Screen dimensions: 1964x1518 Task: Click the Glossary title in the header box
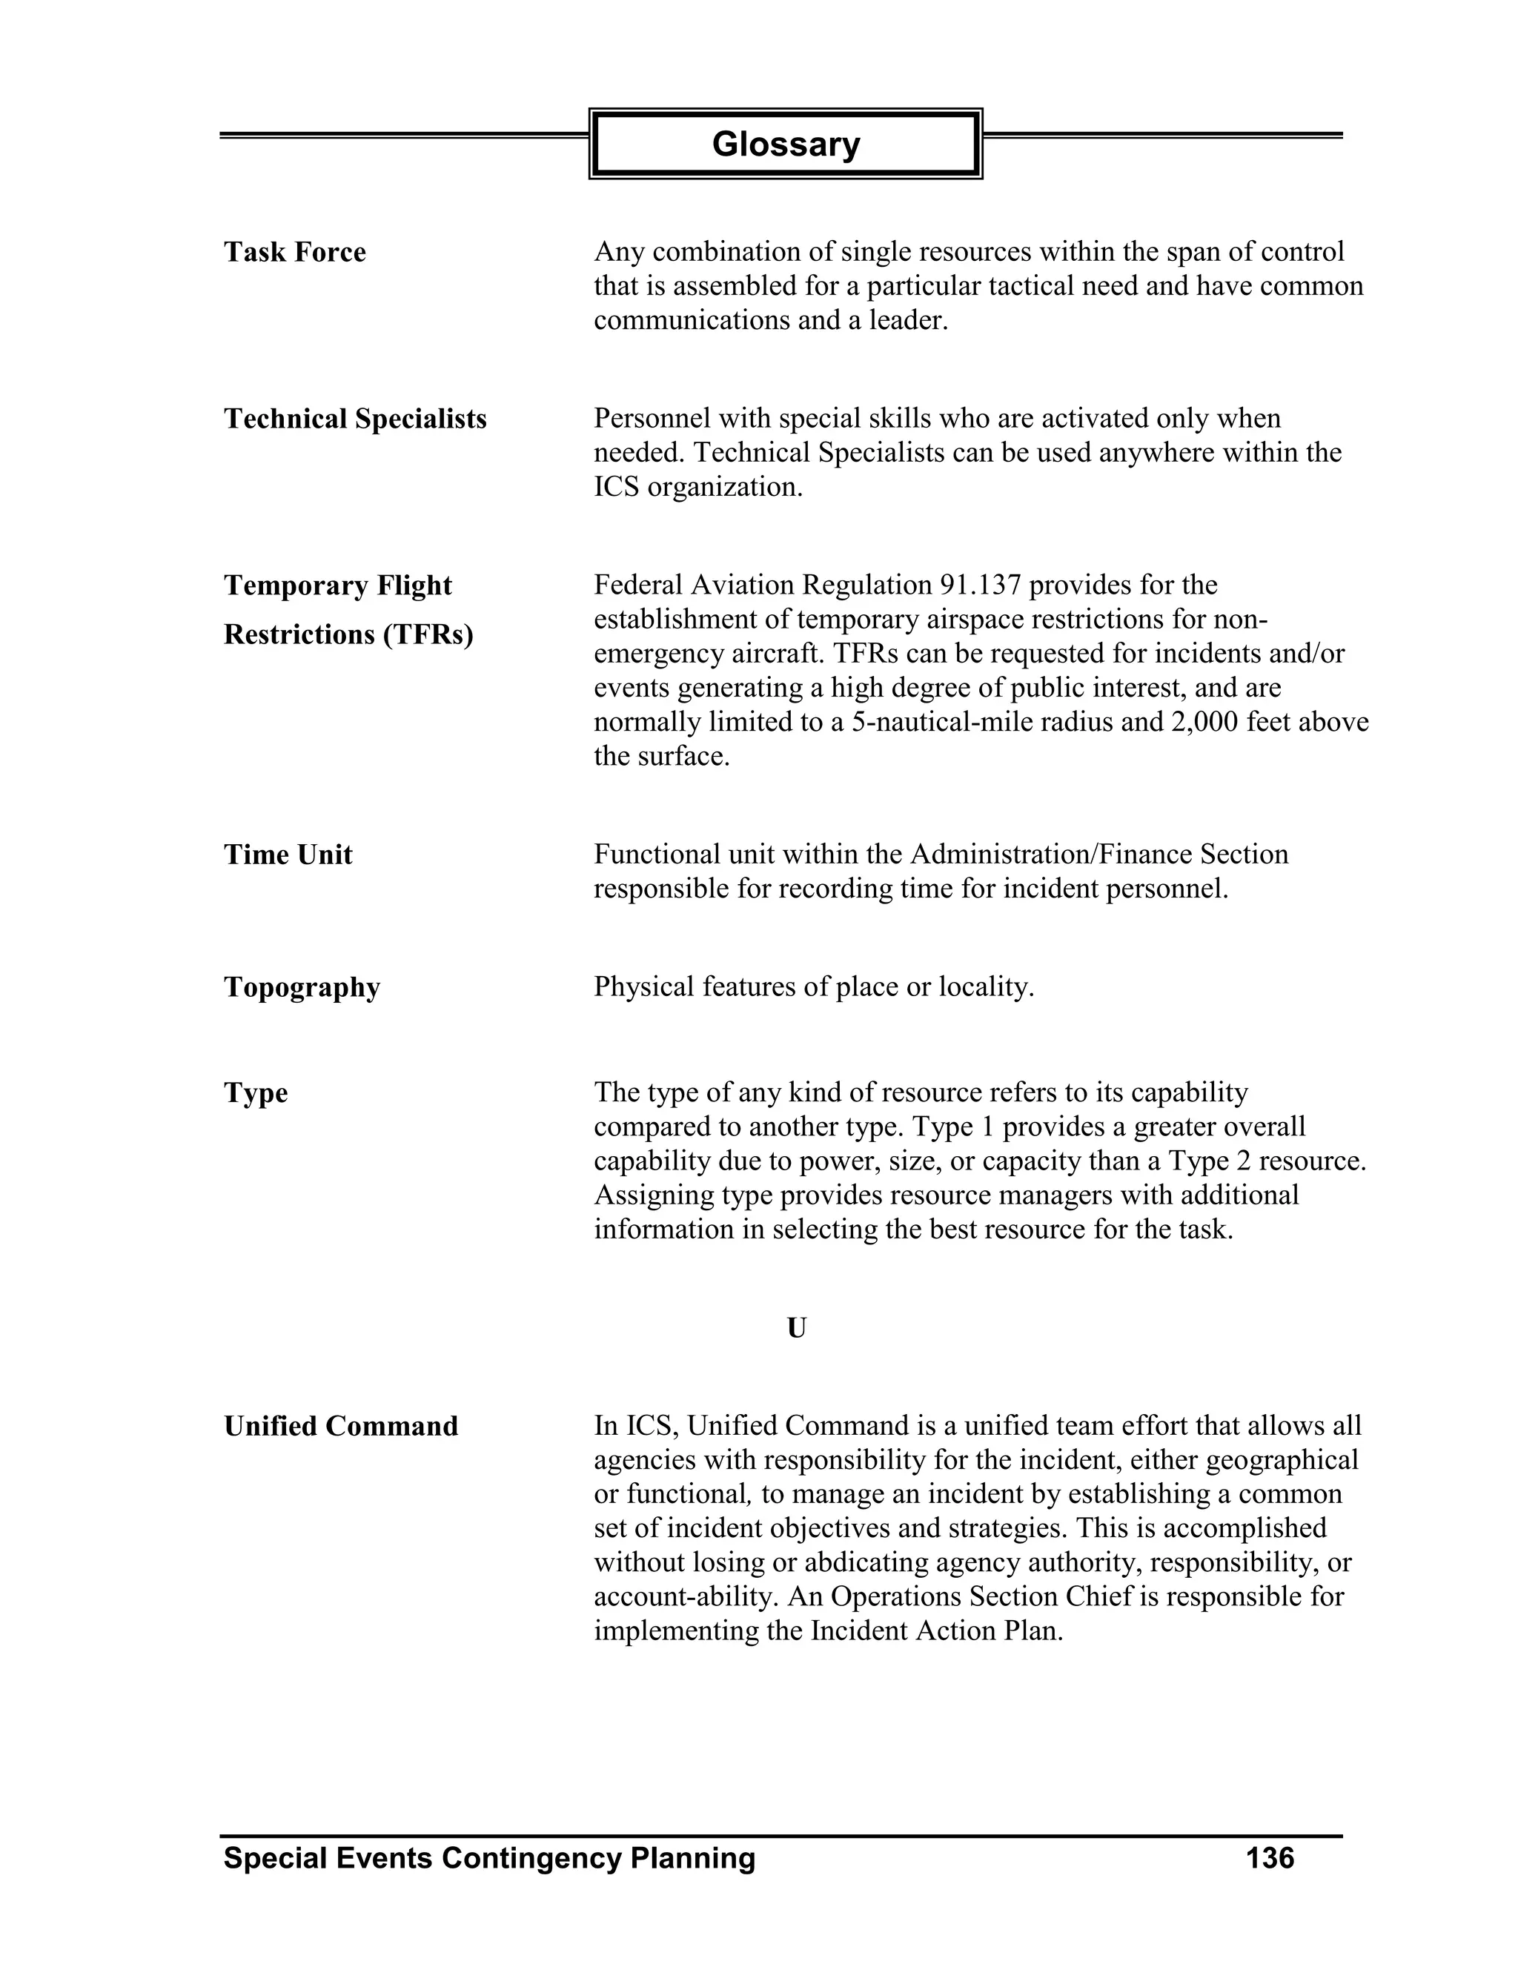coord(785,144)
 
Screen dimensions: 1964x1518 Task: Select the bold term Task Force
coord(294,253)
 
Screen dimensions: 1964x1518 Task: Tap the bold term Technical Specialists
coord(354,419)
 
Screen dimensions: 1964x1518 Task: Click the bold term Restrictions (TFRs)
coord(348,635)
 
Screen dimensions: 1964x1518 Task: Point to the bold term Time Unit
coord(288,855)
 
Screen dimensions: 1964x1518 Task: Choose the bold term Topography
coord(301,987)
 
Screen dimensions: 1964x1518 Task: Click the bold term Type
coord(256,1093)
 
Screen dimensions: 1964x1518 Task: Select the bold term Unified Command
coord(341,1426)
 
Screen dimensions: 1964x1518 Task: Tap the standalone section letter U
coord(796,1327)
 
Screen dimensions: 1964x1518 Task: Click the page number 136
coord(1269,1858)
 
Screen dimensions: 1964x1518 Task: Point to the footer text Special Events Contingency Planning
coord(489,1858)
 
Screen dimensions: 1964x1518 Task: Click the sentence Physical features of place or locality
coord(814,987)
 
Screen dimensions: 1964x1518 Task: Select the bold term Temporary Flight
coord(337,586)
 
